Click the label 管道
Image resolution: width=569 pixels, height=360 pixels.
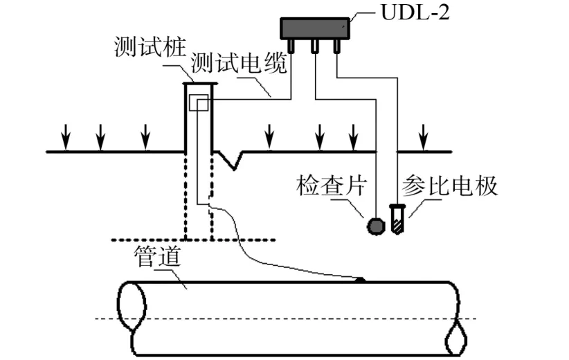pos(155,259)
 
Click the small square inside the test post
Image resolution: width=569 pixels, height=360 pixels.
pos(199,103)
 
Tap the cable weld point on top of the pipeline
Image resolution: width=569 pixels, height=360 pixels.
pos(361,280)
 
